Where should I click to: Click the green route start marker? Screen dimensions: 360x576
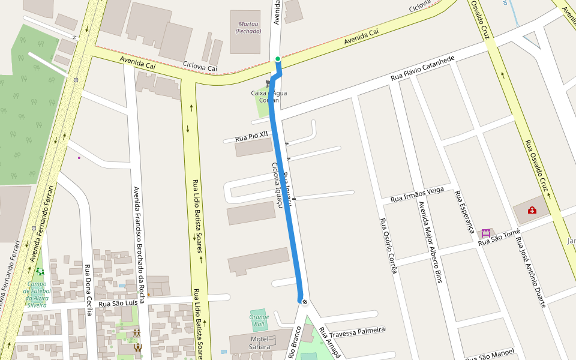point(277,59)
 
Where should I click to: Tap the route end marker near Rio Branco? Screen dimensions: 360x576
point(305,301)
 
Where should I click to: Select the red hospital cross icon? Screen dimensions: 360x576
point(532,210)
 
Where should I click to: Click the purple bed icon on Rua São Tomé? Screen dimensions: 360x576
point(485,233)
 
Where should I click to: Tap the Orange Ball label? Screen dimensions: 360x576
point(259,320)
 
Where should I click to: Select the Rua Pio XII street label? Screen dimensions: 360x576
point(251,137)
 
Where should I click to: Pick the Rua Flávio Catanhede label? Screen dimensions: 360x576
point(423,69)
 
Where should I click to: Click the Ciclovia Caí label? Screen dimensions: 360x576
point(200,67)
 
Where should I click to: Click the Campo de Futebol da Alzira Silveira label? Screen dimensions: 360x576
point(37,294)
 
